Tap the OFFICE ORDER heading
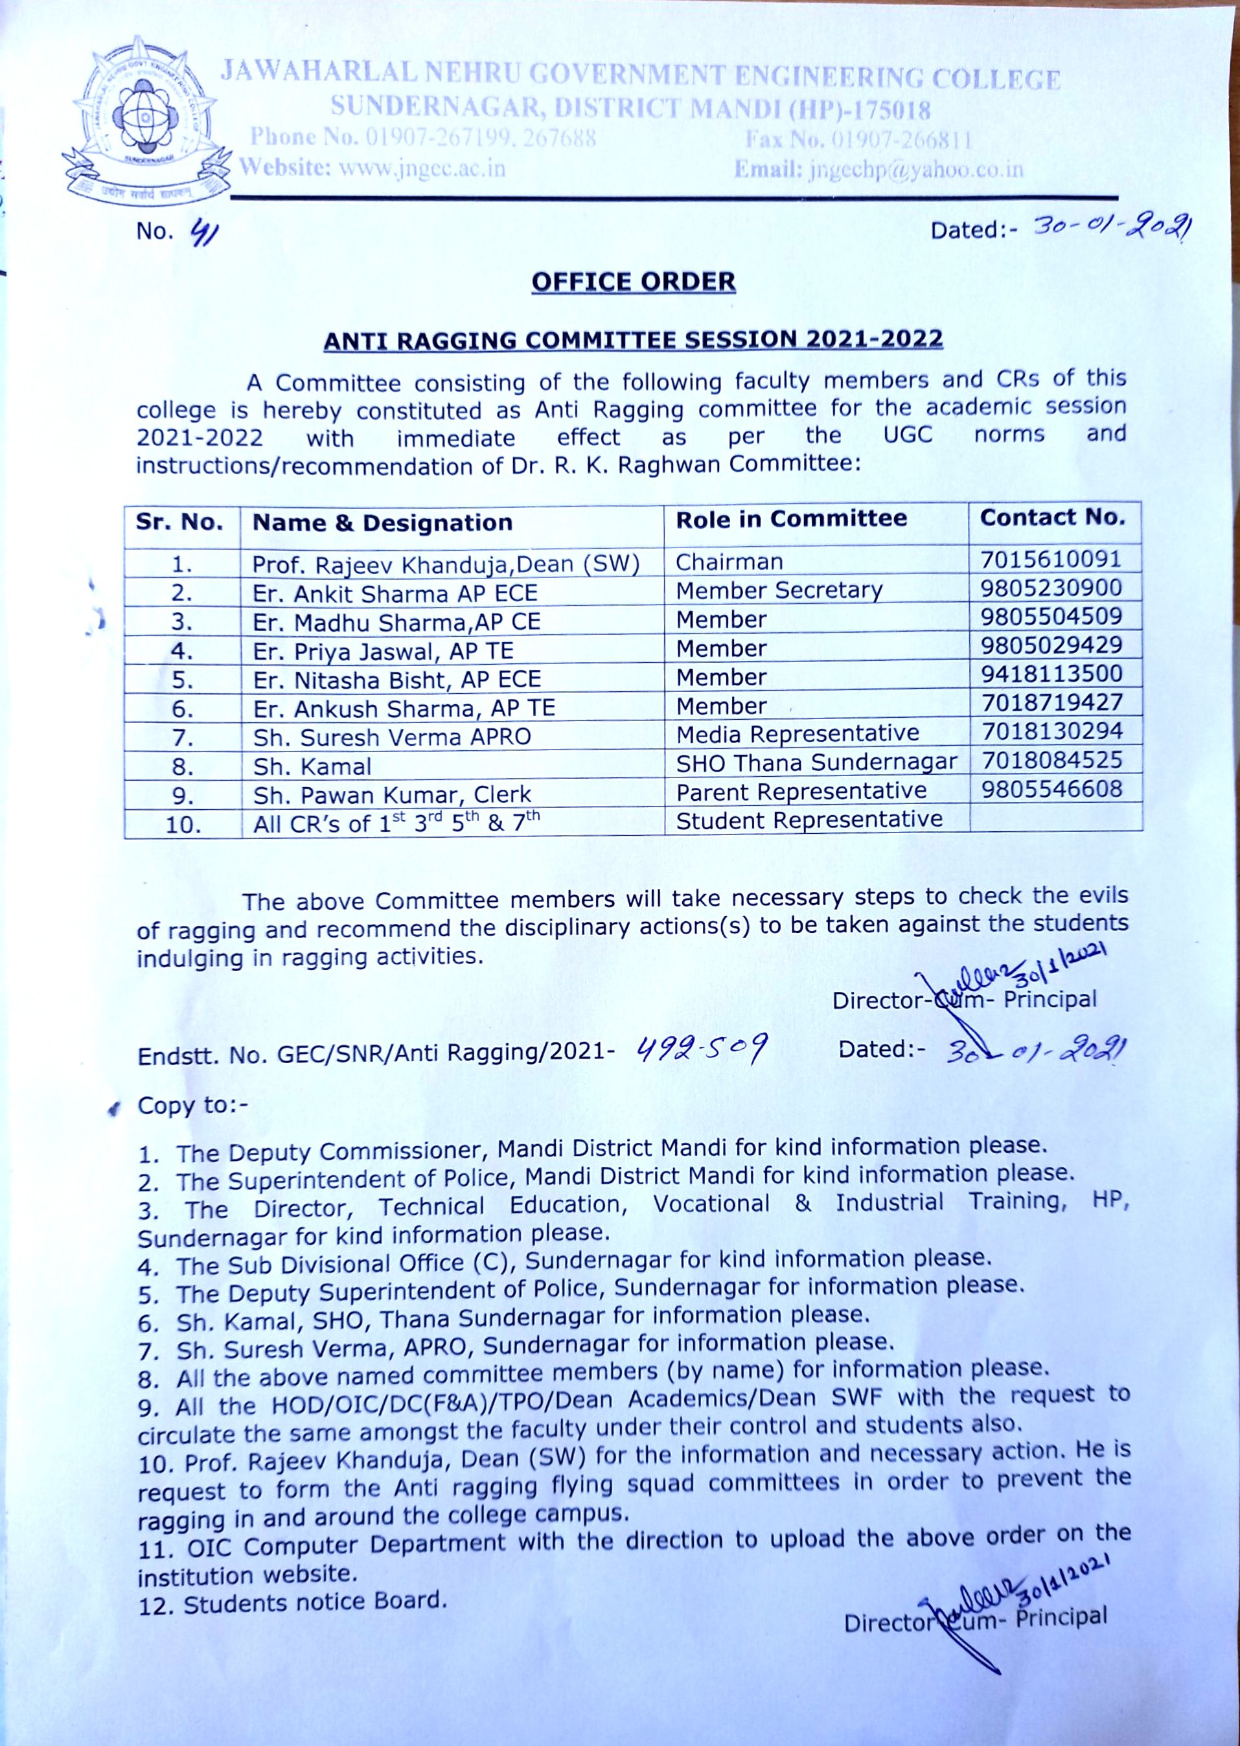tap(633, 282)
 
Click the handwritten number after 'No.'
tap(204, 230)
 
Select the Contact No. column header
tap(1052, 518)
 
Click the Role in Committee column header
tap(791, 519)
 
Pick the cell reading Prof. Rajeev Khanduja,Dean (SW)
tap(446, 564)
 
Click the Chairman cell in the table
tap(729, 562)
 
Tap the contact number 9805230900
tap(1051, 588)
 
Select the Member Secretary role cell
tap(779, 590)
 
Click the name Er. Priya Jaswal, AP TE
tap(384, 651)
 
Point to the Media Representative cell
tap(797, 733)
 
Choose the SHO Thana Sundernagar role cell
tap(816, 763)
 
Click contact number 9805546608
tap(1051, 788)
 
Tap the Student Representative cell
tap(809, 820)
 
